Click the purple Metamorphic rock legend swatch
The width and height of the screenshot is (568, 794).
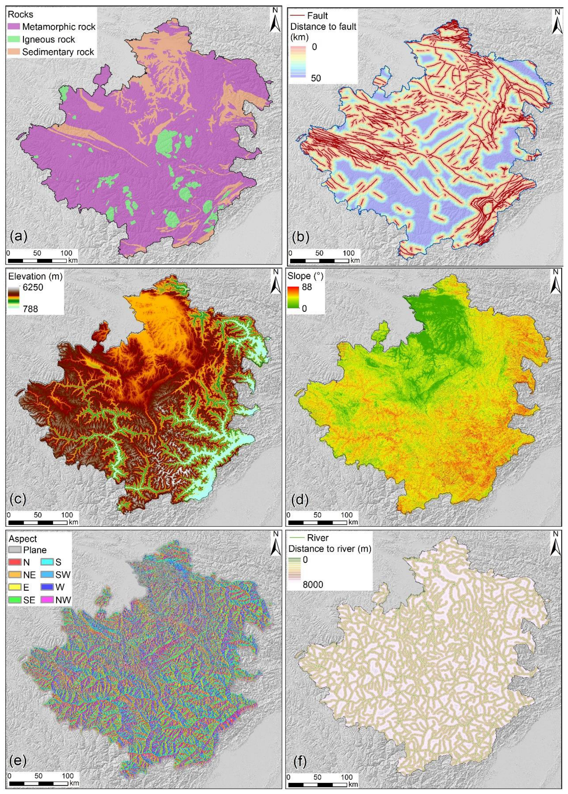point(14,27)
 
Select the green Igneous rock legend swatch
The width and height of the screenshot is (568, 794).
point(14,39)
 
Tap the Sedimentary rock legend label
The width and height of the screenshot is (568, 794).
point(58,52)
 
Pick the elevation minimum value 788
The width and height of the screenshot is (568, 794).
point(28,309)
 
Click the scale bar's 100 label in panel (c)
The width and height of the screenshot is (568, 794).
point(68,515)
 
